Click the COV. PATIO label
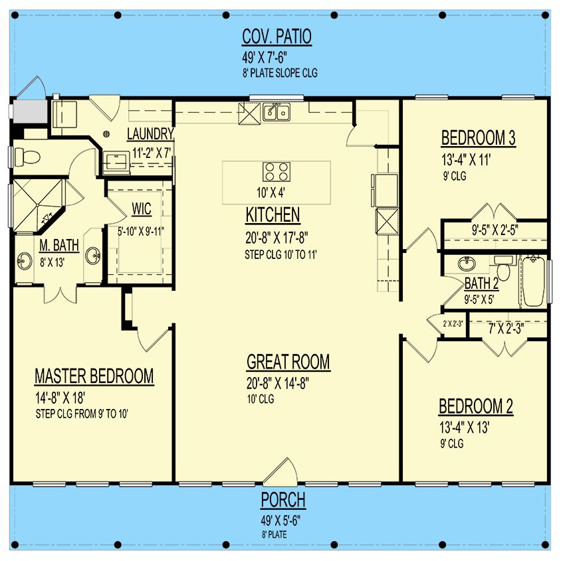(277, 37)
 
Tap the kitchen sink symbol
(277, 112)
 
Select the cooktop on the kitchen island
(277, 172)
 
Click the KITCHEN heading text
(273, 215)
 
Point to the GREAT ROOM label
(288, 362)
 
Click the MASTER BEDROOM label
(94, 376)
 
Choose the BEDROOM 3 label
(478, 138)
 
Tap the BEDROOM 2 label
(476, 406)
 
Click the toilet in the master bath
(27, 157)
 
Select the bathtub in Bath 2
(534, 281)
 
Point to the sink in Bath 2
(467, 264)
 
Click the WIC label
(142, 208)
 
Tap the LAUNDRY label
(150, 134)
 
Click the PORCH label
(283, 500)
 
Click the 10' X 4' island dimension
(271, 193)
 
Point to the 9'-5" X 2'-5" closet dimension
(495, 230)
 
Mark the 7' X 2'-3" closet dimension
(506, 328)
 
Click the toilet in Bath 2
(503, 268)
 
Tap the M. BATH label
(59, 246)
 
